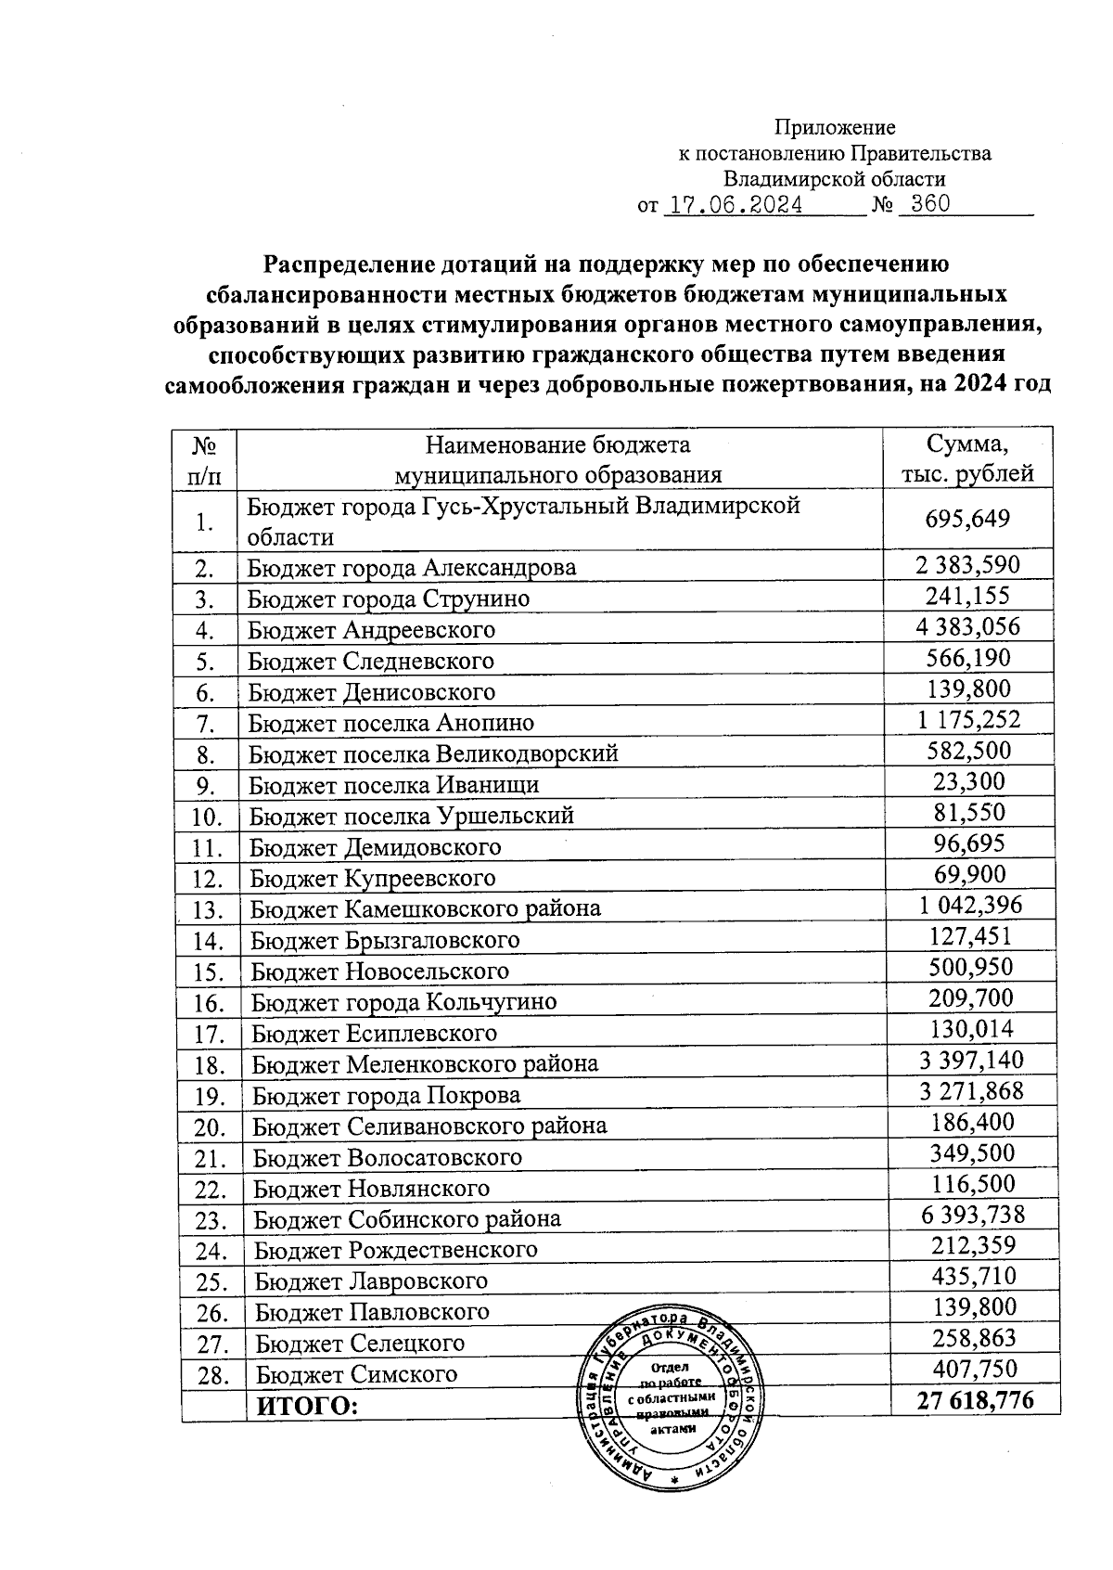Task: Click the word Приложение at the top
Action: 835,127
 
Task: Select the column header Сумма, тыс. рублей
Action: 968,458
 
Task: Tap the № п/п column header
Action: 204,458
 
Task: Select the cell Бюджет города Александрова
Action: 412,567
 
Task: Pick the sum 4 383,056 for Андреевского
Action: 967,626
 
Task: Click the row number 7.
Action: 205,724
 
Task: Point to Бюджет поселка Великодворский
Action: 433,753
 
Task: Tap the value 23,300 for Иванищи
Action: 968,781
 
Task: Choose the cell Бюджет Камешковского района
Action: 425,908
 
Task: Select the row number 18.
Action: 211,1065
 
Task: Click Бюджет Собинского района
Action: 407,1219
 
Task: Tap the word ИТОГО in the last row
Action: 307,1407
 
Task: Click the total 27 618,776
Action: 975,1401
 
